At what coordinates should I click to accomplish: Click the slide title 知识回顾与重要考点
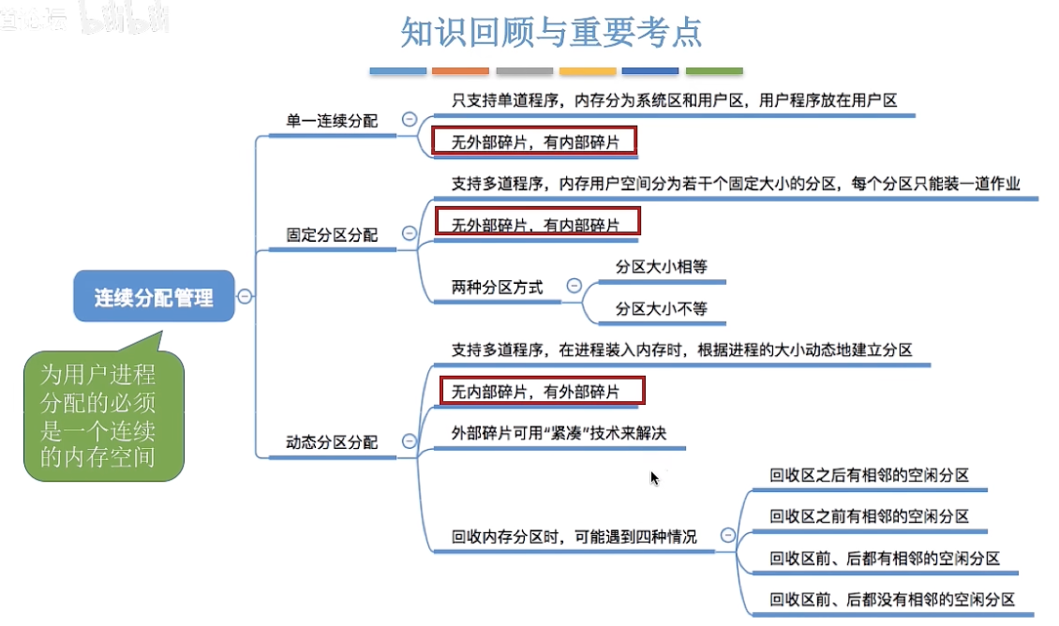[x=551, y=33]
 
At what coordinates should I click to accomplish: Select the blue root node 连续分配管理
[x=154, y=298]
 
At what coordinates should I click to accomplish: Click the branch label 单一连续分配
[x=332, y=120]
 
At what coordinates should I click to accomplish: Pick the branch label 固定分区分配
[x=332, y=234]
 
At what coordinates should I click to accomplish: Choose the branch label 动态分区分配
[x=332, y=441]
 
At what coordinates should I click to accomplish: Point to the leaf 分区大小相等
[x=661, y=267]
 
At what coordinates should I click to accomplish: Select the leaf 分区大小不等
[x=661, y=308]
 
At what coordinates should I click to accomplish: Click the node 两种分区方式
[x=497, y=288]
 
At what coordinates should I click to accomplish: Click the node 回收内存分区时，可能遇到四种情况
[x=574, y=537]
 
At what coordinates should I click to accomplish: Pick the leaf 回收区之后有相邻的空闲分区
[x=869, y=476]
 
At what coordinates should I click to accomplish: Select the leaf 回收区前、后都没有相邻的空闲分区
[x=892, y=600]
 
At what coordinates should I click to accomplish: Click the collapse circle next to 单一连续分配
[x=409, y=119]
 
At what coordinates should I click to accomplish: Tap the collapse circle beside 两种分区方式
[x=574, y=286]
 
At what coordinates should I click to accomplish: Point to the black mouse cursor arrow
[x=654, y=478]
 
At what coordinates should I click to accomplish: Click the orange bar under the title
[x=461, y=71]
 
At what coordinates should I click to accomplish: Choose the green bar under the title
[x=714, y=71]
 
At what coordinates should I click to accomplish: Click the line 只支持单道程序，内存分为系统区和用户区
[x=674, y=100]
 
